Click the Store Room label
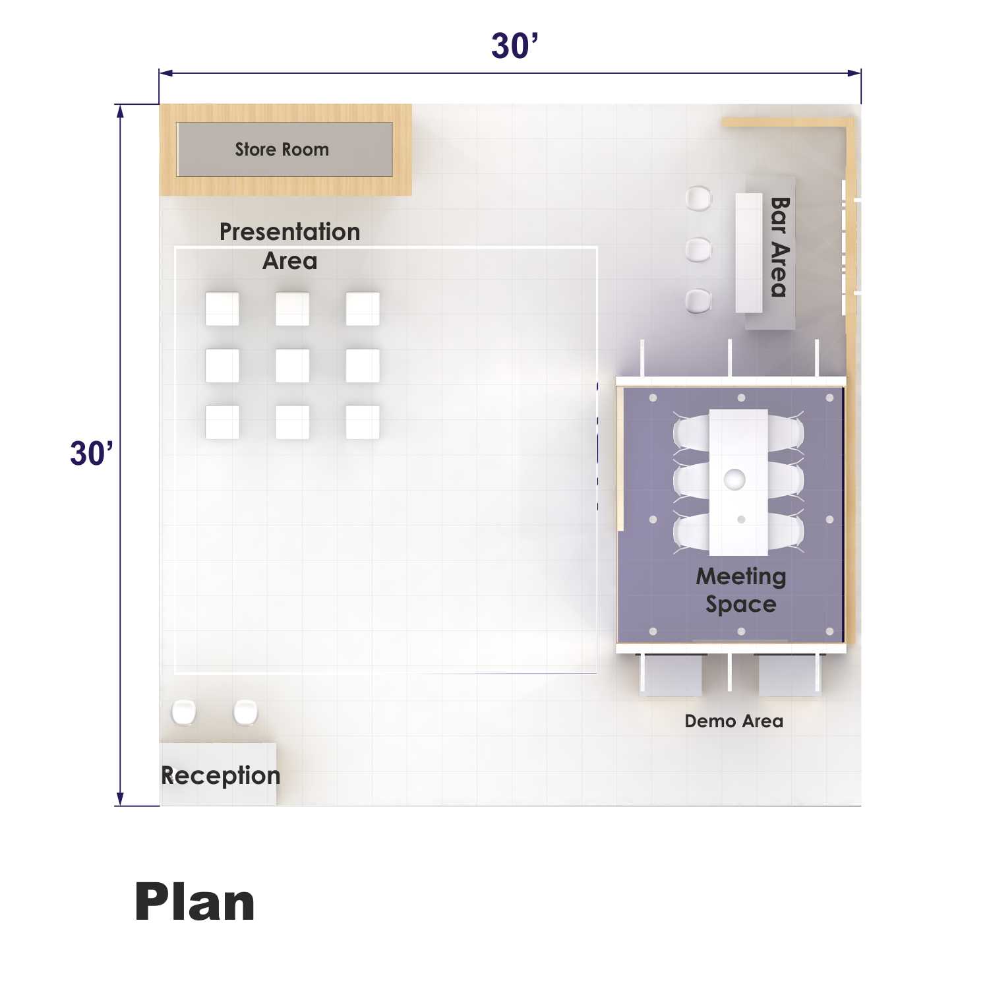(282, 150)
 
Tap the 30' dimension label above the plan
(515, 46)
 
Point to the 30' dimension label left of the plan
(92, 454)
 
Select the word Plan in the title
(195, 902)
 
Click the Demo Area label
(734, 721)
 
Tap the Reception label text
(221, 776)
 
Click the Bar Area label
(779, 247)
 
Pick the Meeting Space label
(741, 590)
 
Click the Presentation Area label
(290, 246)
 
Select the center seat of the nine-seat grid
(292, 365)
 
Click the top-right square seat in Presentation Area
(363, 309)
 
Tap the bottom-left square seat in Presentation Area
(222, 422)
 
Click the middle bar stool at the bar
(698, 250)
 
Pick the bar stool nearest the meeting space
(698, 301)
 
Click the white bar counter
(749, 253)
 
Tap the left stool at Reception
(184, 712)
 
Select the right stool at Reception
(245, 712)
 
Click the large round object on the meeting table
(734, 479)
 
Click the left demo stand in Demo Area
(671, 674)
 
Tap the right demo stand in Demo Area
(790, 674)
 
